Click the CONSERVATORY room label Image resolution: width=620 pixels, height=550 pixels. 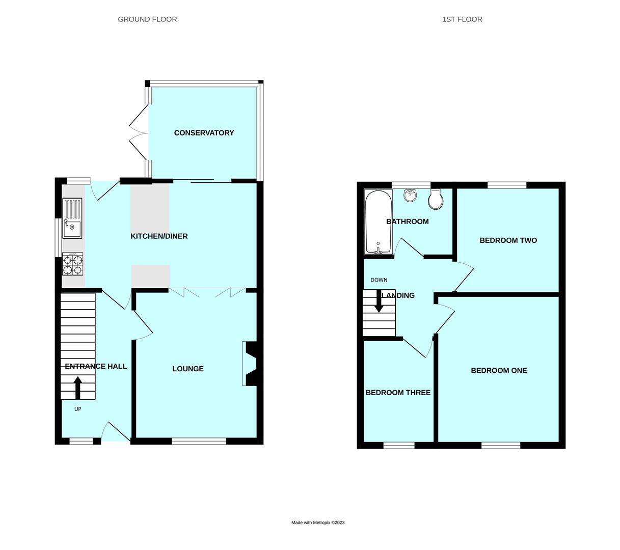(204, 133)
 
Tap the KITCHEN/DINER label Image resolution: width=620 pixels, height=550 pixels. (159, 236)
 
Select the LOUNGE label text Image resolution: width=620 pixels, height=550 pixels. (187, 369)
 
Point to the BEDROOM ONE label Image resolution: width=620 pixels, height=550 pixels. (498, 371)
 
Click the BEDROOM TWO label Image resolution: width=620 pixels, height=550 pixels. (508, 240)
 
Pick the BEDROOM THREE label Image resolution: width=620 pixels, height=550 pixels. (398, 393)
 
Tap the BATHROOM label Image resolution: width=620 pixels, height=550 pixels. (407, 222)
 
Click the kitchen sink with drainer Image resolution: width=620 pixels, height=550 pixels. (72, 218)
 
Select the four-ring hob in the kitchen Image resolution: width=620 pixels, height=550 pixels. (72, 265)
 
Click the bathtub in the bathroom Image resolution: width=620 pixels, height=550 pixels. (378, 222)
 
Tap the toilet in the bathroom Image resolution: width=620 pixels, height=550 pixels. (436, 200)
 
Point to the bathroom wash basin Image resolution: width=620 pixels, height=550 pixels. (410, 195)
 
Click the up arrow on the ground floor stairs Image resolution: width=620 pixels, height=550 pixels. (77, 388)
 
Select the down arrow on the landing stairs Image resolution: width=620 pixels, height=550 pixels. (379, 301)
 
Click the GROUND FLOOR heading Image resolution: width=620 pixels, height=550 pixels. (147, 19)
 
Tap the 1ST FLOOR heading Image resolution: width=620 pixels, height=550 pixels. (462, 19)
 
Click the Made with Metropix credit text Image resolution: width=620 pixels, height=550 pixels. (318, 522)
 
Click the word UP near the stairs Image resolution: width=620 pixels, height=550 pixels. (77, 409)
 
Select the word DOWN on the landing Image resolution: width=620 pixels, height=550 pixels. (379, 280)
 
